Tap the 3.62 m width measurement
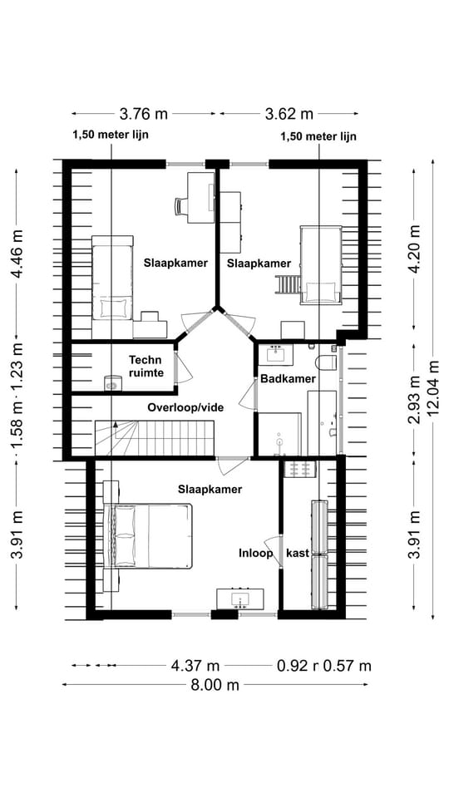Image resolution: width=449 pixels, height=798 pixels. pyautogui.click(x=289, y=114)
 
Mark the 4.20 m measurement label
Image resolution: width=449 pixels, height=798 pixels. pyautogui.click(x=412, y=247)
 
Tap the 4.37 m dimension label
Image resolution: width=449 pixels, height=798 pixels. pyautogui.click(x=195, y=665)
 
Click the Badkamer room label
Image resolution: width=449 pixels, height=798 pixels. pyautogui.click(x=288, y=379)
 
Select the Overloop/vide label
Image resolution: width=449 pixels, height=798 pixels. pyautogui.click(x=186, y=407)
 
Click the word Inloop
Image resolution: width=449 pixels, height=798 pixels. pyautogui.click(x=256, y=553)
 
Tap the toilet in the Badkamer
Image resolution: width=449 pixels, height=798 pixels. pyautogui.click(x=327, y=362)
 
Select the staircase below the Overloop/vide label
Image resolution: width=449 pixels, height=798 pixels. pyautogui.click(x=154, y=437)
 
